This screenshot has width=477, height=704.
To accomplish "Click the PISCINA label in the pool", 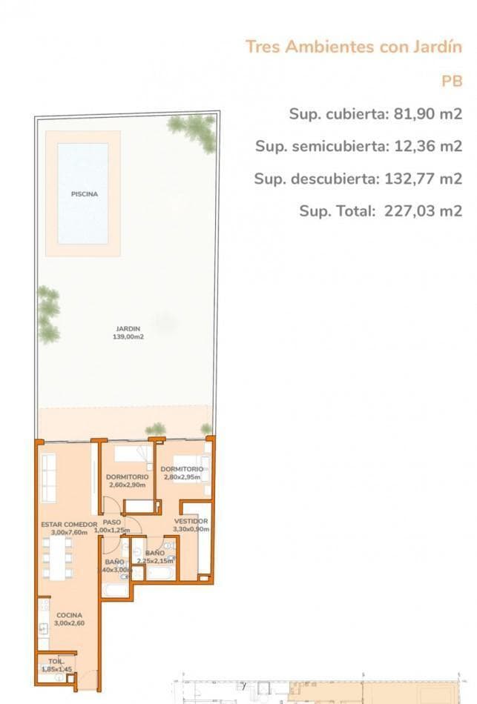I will tap(85, 194).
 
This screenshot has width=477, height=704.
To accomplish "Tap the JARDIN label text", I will tap(128, 329).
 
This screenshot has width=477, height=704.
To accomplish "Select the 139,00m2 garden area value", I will tap(128, 337).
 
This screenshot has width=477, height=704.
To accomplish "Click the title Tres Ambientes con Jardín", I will tap(354, 47).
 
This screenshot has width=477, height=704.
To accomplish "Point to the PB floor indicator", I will tap(452, 82).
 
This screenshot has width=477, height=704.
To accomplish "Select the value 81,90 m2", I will tap(428, 114).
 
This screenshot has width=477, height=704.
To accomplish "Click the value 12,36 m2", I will tap(428, 146).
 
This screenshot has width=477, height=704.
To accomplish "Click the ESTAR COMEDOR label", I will tap(69, 524).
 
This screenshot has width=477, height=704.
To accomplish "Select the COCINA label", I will tap(69, 615).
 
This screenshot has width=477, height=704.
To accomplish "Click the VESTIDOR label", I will tap(191, 521).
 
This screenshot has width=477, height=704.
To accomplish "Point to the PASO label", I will tap(112, 522).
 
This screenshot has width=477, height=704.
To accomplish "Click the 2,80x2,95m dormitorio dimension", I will tap(182, 477).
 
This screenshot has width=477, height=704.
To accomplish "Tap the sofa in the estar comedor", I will tap(49, 476).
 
